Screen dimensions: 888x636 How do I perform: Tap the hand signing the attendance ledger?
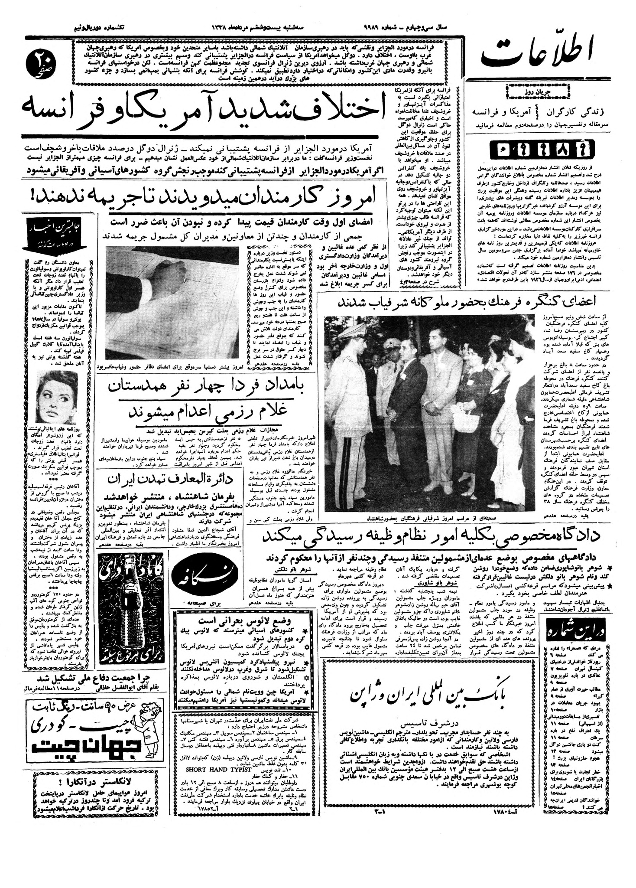pos(178,278)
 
